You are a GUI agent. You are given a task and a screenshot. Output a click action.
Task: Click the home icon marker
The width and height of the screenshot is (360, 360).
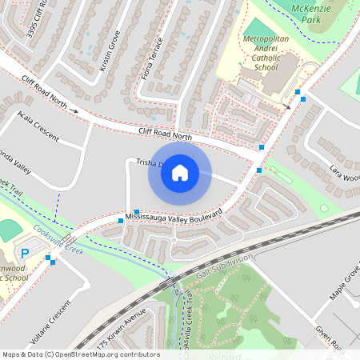(x=180, y=172)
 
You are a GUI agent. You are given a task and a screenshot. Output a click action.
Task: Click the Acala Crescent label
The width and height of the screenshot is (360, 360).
(x=38, y=126)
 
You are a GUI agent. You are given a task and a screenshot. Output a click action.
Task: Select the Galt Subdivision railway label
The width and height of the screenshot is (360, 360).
(x=224, y=268)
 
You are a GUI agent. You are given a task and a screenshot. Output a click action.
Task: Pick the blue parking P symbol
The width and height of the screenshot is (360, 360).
(x=24, y=254)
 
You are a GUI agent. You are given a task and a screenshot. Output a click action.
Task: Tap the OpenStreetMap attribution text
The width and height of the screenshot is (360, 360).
(x=80, y=354)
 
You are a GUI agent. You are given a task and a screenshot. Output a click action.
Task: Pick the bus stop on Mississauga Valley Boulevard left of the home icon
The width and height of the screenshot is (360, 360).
(x=137, y=211)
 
